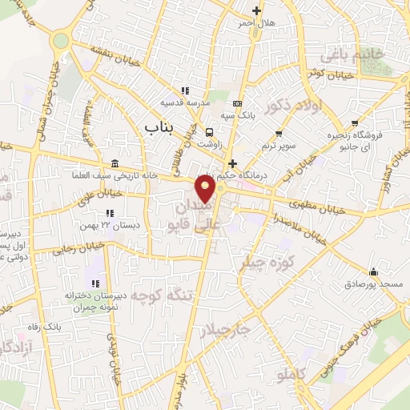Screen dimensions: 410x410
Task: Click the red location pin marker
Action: coord(206,189)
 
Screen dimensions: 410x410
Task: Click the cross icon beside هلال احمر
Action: coord(256,10)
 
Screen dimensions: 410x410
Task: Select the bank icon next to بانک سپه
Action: coord(237,103)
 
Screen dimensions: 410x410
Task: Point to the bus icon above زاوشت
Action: coord(209,132)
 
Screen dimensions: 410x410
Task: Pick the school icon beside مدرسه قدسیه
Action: coord(185,90)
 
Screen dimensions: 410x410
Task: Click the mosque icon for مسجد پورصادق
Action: coord(374,272)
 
